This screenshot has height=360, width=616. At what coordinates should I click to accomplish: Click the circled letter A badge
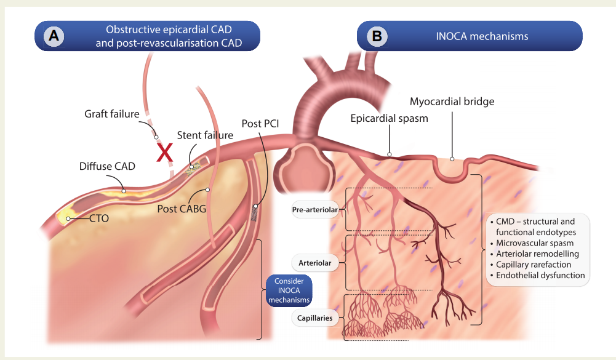click(x=54, y=36)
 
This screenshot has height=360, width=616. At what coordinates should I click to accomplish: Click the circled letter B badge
click(x=377, y=36)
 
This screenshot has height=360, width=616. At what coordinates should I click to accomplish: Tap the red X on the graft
click(x=164, y=153)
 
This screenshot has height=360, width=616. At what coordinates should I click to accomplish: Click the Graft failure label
click(x=112, y=114)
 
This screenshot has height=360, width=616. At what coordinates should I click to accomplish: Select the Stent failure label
click(x=205, y=135)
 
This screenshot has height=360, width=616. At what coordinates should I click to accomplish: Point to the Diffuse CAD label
click(x=107, y=166)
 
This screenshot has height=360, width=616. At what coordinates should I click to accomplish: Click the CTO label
click(x=99, y=218)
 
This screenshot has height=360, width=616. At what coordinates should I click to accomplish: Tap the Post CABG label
click(x=182, y=209)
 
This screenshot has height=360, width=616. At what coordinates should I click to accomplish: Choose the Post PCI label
click(x=260, y=124)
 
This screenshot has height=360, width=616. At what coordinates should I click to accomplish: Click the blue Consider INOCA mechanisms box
click(x=289, y=290)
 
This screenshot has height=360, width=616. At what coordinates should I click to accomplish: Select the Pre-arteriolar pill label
click(x=315, y=209)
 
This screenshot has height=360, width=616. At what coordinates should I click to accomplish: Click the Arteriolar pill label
click(x=315, y=263)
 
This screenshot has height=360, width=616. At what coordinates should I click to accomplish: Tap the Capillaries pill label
click(x=315, y=318)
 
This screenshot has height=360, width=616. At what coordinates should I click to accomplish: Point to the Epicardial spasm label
click(x=390, y=118)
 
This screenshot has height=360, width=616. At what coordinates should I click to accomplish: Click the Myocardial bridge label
click(x=452, y=102)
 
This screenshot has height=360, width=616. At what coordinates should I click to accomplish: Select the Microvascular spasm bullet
click(x=532, y=243)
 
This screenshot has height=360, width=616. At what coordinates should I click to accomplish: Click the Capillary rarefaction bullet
click(x=530, y=265)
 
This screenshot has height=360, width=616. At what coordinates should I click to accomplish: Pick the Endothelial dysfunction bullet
click(x=538, y=275)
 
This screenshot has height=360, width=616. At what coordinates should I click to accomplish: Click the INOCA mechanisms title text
click(x=482, y=36)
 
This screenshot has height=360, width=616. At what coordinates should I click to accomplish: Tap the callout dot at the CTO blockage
click(x=68, y=218)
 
